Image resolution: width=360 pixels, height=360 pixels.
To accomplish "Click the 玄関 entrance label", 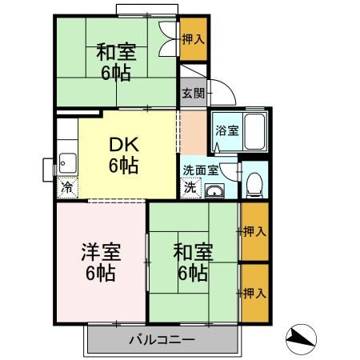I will [193, 93].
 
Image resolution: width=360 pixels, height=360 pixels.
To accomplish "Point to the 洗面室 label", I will [199, 170].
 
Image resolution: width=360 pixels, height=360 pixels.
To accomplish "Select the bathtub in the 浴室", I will [254, 130].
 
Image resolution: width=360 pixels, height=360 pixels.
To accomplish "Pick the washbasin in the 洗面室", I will [214, 190].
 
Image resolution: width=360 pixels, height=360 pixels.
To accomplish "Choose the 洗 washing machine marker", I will [190, 189].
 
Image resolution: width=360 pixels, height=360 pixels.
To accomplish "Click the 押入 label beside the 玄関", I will [193, 38].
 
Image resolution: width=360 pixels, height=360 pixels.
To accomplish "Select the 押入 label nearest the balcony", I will [254, 293].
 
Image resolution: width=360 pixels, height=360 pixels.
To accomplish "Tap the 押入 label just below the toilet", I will [254, 232].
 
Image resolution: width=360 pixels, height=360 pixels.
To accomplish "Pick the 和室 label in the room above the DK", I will [117, 53].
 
